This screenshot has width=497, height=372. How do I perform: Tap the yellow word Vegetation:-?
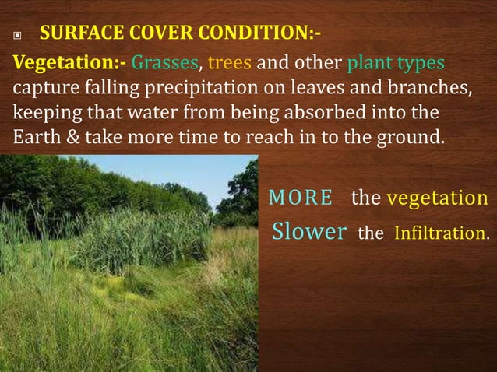point(68,62)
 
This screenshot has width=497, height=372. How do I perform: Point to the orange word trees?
point(232,62)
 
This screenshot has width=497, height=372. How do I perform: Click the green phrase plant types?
point(397,62)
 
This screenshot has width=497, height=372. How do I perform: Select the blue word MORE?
point(300,198)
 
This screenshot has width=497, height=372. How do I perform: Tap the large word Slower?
point(308,232)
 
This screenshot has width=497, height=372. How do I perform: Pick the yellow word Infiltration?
point(442,233)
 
